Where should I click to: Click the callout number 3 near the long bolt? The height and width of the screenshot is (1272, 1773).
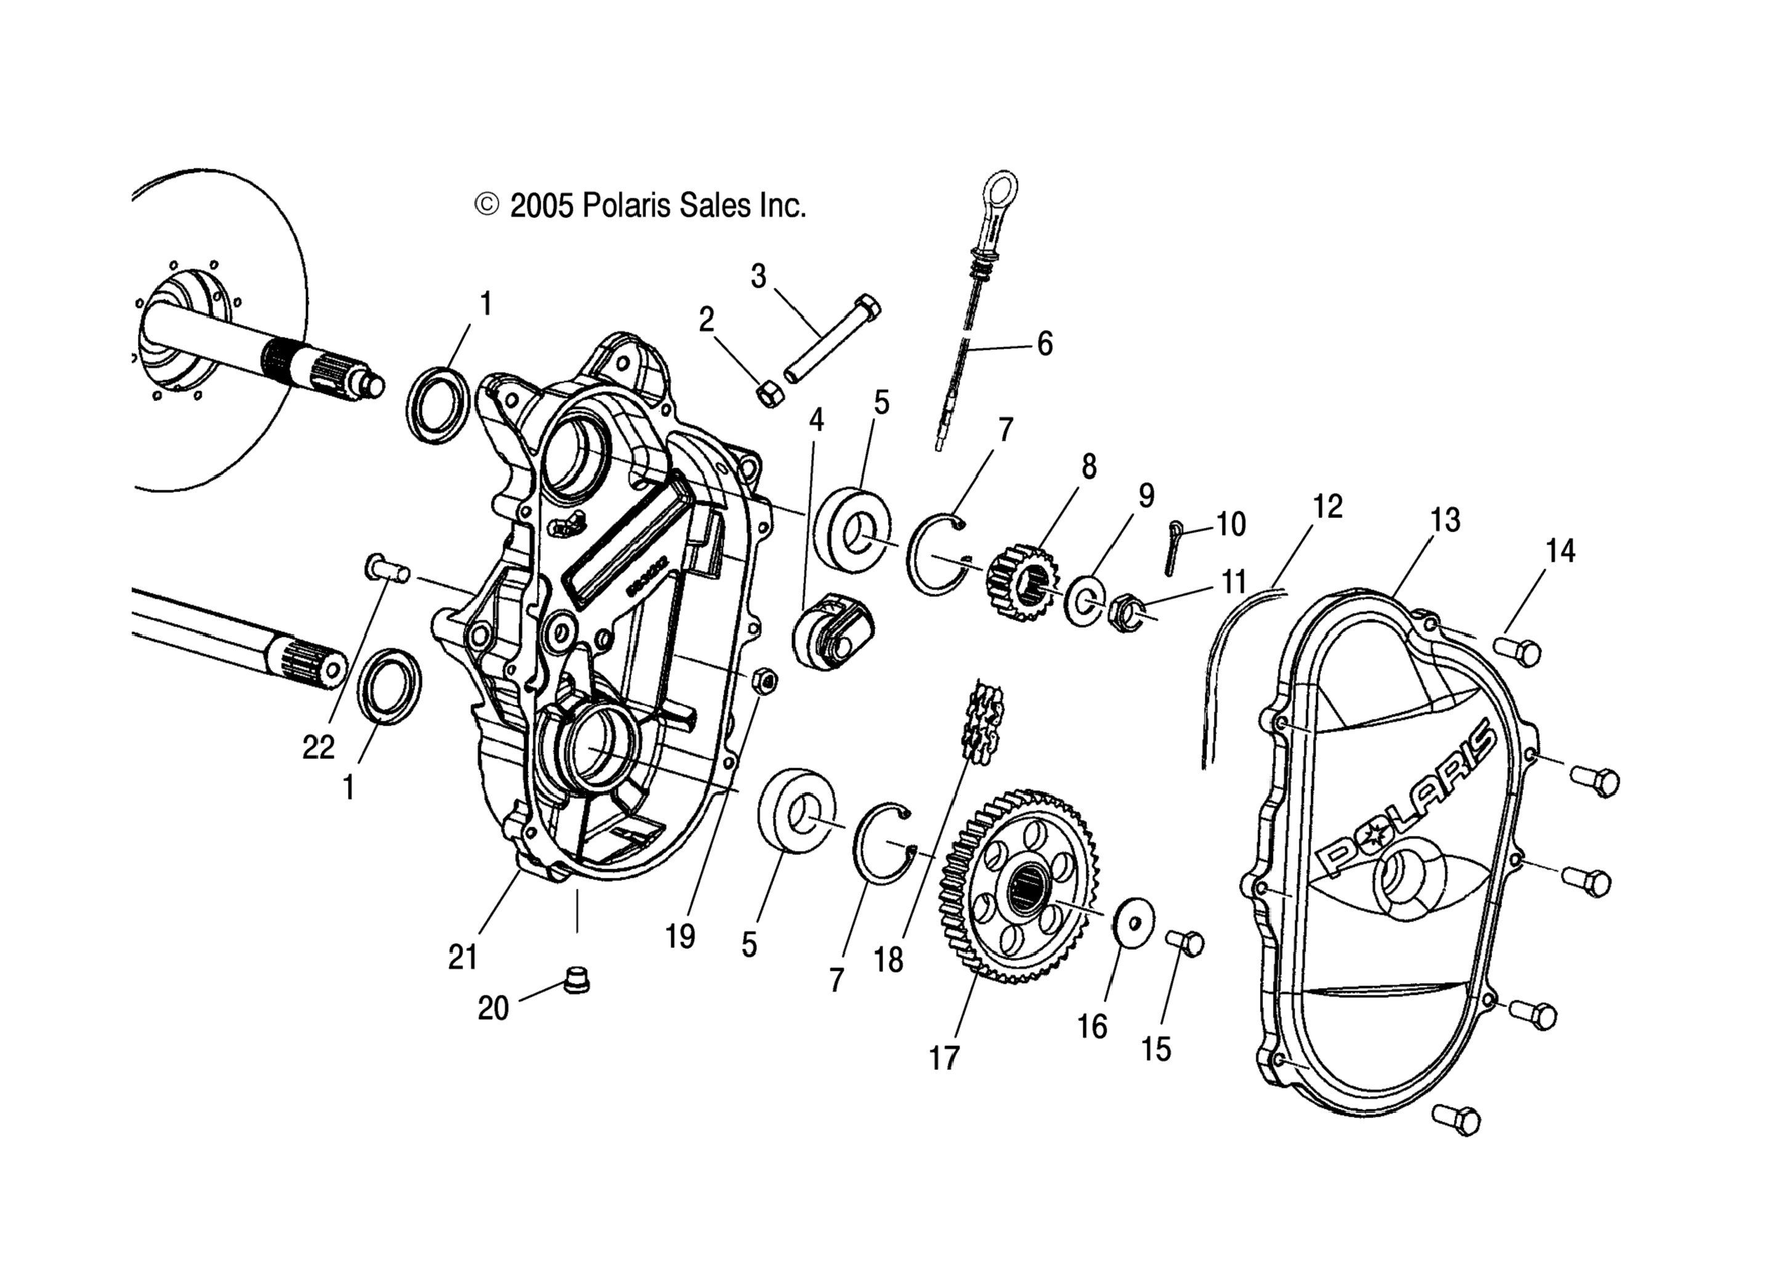coord(758,277)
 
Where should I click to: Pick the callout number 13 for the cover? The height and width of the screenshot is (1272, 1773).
coord(1445,520)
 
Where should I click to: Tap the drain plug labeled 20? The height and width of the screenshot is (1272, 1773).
coord(577,981)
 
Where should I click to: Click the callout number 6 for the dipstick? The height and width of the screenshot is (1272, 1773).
coord(1044,344)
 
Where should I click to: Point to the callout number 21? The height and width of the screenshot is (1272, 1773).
coord(462,957)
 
